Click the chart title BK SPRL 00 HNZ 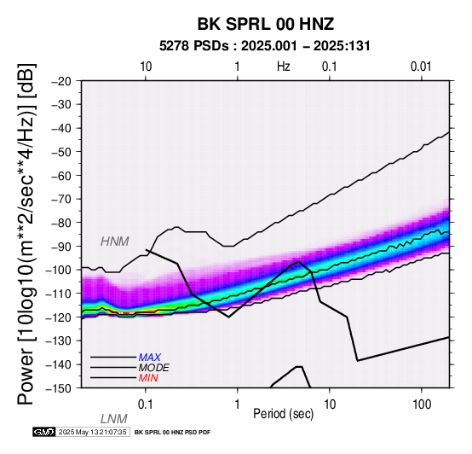point(266,24)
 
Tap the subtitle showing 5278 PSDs point(265,46)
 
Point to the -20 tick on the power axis point(61,81)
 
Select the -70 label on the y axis point(61,199)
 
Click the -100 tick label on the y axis point(58,270)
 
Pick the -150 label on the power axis point(58,388)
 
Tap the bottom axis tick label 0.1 point(146,405)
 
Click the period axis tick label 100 point(422,405)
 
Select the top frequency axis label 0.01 point(421,67)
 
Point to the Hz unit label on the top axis point(284,67)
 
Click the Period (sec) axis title point(283,414)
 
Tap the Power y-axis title point(26,234)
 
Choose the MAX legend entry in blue point(150,358)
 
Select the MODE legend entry point(154,368)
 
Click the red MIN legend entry point(148,378)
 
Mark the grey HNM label point(115,242)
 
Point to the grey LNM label point(114,419)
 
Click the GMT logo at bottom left point(44,432)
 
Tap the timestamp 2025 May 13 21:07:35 point(92,432)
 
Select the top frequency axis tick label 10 point(146,67)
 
